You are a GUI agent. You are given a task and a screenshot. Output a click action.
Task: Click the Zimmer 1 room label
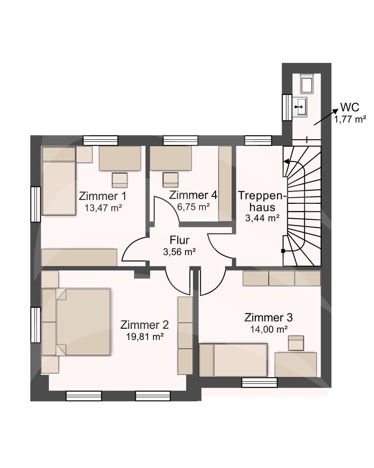pos(102,196)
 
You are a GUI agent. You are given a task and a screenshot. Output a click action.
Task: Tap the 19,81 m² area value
pos(145,337)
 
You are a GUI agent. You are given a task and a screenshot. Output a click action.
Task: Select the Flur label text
pos(180,240)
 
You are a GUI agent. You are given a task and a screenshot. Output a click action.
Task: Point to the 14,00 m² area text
pos(269,329)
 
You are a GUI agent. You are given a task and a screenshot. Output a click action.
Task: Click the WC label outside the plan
pos(350,107)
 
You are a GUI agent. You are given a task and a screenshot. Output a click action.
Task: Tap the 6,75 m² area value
pos(193,207)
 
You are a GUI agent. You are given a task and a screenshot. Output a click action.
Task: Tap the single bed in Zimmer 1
pos(59,181)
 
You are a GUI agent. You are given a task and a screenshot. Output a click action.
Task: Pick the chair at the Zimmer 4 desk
pos(170,180)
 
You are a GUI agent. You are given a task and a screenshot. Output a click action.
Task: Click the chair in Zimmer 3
pos(296,343)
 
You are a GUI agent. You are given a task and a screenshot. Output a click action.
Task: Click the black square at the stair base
pos(283,251)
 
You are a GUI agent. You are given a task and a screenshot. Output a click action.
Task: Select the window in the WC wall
pos(287,107)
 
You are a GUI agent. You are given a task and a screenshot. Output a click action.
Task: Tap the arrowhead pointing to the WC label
pos(335,111)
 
